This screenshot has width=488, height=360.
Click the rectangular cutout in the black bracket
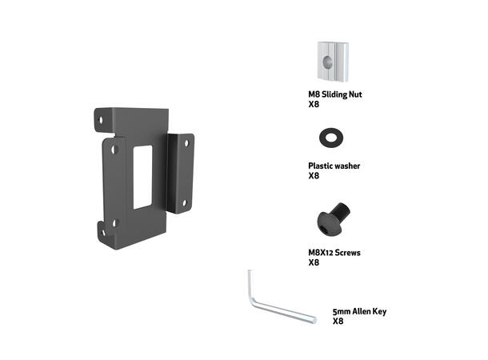142,177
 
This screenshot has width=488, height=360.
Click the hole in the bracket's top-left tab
100,120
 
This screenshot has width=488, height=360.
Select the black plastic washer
329,135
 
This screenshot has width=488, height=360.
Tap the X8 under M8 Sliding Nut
314,104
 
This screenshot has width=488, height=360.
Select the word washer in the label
346,166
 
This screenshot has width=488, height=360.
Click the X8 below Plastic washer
314,176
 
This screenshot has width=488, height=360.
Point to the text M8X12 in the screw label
322,252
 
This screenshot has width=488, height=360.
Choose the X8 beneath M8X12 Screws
314,262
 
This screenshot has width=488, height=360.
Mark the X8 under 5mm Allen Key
338,321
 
